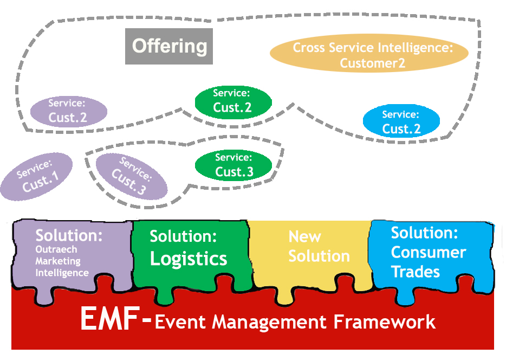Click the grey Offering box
169,46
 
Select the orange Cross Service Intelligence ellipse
369,53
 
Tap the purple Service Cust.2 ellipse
69,111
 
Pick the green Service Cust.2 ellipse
233,102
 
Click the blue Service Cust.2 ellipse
401,121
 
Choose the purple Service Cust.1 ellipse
36,177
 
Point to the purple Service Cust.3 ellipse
132,176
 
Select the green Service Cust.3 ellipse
233,165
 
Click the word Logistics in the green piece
189,259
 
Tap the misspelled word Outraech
56,249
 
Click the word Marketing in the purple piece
58,261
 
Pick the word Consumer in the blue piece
429,252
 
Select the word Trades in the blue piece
416,272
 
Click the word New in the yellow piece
304,237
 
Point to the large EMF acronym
110,318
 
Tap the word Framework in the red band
384,322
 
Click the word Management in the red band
269,323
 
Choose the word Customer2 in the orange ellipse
372,63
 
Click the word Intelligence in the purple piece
62,273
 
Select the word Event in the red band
180,322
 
